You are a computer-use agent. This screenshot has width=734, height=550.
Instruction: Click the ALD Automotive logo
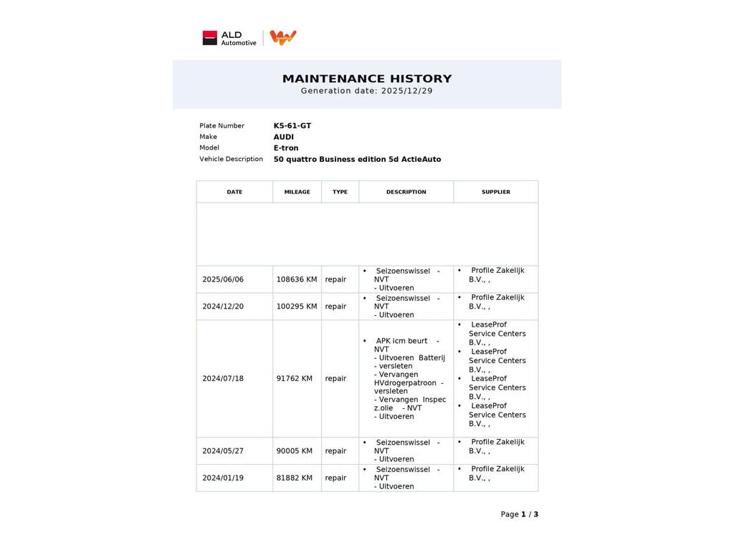click(229, 38)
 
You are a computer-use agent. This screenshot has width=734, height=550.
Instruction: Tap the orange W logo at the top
click(283, 37)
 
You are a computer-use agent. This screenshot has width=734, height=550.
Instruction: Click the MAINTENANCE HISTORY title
click(367, 79)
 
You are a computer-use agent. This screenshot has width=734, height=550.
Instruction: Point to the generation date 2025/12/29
click(406, 91)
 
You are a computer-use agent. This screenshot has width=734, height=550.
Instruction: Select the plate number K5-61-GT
click(292, 126)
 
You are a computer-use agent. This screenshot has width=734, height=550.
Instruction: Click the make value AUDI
click(284, 137)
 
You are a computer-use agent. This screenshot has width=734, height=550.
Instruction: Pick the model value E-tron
click(286, 148)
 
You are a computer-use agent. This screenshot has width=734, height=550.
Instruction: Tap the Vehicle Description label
click(231, 159)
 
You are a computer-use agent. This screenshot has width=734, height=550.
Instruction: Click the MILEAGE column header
click(297, 192)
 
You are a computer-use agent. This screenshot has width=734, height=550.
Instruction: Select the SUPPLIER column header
click(496, 192)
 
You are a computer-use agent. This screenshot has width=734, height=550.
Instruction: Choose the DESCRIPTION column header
click(406, 192)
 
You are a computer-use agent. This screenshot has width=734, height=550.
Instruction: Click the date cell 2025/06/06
click(223, 279)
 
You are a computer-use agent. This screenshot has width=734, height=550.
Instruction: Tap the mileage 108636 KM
click(297, 279)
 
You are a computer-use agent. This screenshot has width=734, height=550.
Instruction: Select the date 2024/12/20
click(223, 307)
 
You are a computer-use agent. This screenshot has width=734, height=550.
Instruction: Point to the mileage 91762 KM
click(295, 379)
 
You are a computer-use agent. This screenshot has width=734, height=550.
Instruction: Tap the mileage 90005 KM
click(295, 451)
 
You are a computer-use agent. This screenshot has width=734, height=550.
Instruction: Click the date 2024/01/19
click(223, 478)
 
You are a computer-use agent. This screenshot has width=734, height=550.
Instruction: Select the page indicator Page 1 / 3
click(520, 514)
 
